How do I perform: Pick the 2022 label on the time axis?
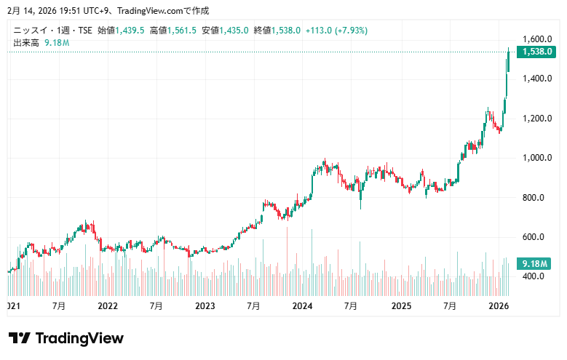click(x=108, y=307)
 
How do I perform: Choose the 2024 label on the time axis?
click(x=302, y=307)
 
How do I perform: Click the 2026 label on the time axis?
click(x=498, y=307)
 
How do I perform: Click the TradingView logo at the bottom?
click(x=66, y=338)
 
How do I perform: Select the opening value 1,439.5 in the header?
click(x=131, y=31)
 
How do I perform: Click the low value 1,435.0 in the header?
click(x=235, y=31)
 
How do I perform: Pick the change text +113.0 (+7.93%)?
click(x=337, y=31)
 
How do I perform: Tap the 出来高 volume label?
click(x=26, y=43)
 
